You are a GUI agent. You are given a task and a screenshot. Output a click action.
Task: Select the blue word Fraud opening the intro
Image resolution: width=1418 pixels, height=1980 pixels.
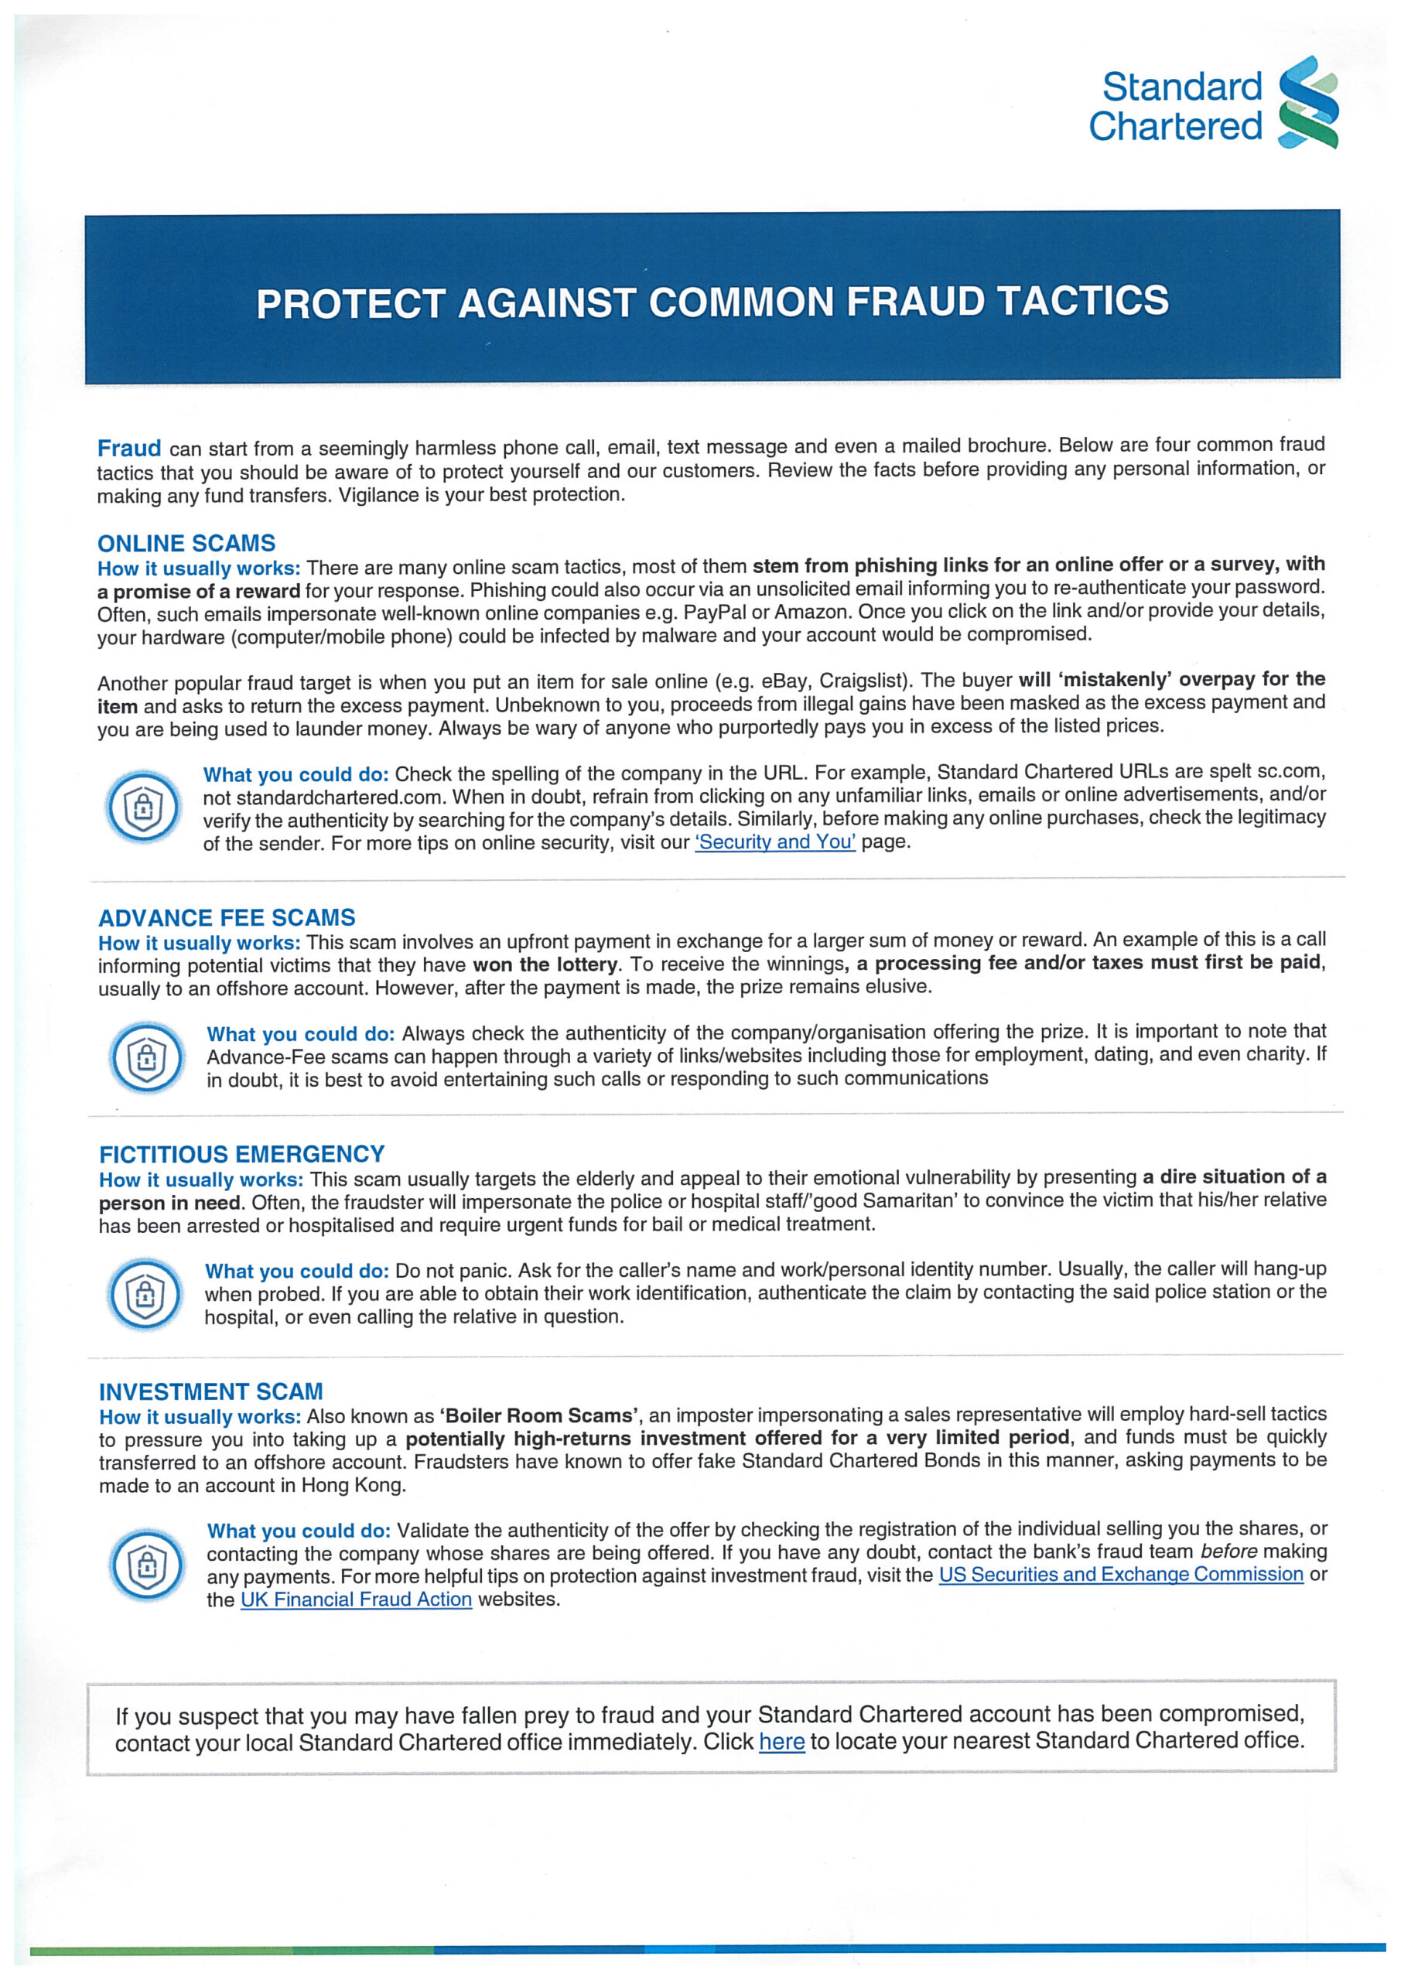coord(129,449)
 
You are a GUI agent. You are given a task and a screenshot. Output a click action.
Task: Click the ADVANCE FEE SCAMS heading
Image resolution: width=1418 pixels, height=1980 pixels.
coord(226,917)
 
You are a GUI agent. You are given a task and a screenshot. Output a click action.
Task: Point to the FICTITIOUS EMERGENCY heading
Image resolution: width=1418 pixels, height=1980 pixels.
coord(242,1154)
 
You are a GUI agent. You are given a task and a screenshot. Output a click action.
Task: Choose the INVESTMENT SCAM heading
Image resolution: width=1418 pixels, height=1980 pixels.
coord(210,1391)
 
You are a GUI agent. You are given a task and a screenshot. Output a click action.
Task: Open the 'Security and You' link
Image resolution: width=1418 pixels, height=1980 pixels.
coord(774,842)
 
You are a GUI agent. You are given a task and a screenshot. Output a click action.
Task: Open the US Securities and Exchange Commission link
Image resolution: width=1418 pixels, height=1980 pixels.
coord(1120,1574)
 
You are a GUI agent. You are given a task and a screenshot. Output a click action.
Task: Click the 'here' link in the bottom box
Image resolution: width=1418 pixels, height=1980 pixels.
coord(781,1742)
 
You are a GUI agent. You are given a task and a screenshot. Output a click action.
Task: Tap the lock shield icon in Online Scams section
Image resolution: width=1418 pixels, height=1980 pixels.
coord(143,807)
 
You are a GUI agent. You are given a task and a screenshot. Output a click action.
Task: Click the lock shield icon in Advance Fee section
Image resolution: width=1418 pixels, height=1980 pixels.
coord(147,1057)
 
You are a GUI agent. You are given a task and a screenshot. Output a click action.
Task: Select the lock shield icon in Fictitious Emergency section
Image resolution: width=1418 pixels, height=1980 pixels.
coord(145,1294)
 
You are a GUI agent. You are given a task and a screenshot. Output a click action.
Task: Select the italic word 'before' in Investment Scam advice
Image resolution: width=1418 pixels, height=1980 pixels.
coord(1228,1552)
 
